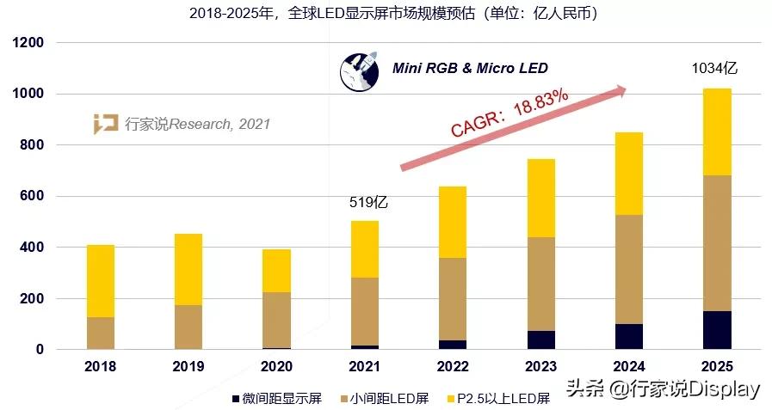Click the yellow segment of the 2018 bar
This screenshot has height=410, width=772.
tap(101, 281)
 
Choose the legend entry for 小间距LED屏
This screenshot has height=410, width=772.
tap(385, 398)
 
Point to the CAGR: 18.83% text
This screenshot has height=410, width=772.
tap(510, 112)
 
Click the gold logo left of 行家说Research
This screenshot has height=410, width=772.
tap(106, 124)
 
